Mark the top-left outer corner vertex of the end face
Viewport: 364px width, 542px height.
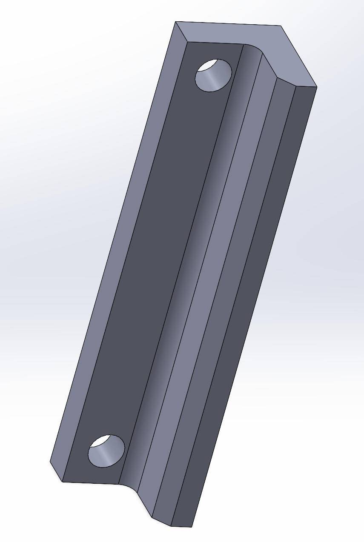tap(175, 22)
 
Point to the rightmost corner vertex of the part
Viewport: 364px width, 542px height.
tap(317, 87)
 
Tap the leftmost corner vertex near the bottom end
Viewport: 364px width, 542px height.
tap(50, 462)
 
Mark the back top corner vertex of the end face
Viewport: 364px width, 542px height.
tap(281, 26)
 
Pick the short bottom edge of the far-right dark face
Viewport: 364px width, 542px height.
tap(181, 526)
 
